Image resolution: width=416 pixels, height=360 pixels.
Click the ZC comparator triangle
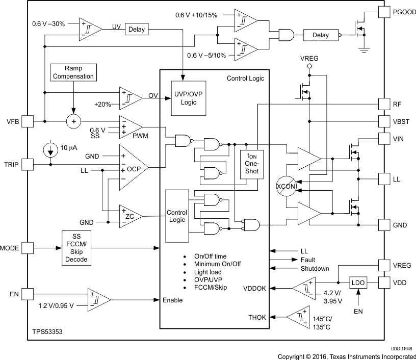(x=129, y=217)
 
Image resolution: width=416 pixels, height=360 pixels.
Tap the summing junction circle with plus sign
(x=74, y=121)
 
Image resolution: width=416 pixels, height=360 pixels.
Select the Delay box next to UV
(x=136, y=30)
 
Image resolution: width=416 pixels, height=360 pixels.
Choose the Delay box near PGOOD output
(x=320, y=35)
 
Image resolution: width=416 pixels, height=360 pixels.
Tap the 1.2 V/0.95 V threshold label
(x=57, y=305)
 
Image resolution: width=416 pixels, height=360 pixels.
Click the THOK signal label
(x=257, y=317)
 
